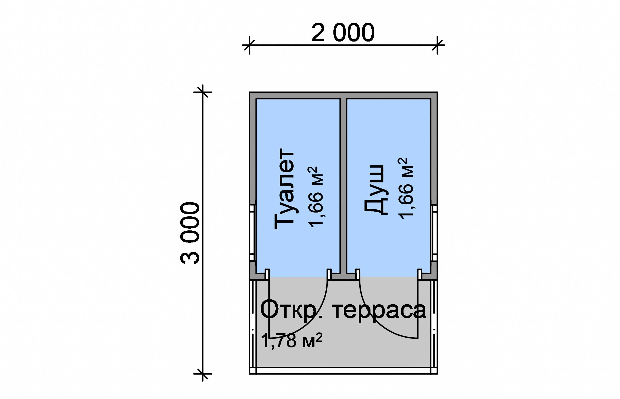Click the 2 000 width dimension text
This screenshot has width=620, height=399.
point(343,33)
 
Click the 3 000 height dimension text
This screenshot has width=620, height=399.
point(190,233)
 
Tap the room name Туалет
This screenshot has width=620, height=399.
point(284,189)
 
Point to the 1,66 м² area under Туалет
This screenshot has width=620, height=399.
point(316,197)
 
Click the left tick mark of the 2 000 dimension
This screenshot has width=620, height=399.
point(249,45)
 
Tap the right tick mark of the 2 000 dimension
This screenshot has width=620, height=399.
point(437,45)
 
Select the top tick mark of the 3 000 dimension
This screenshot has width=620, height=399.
point(202,92)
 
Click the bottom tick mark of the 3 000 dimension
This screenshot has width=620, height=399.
point(202,374)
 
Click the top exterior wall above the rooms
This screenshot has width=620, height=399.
point(343,95)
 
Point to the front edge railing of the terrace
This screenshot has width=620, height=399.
point(343,370)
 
